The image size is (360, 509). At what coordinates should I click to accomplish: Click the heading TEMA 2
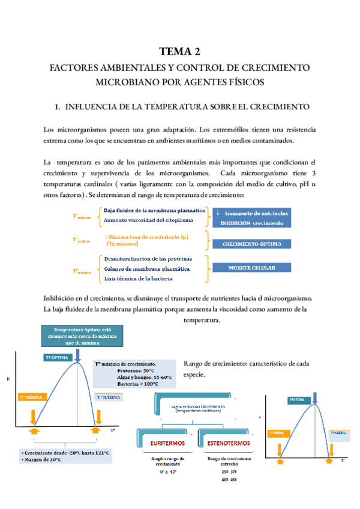point(179,51)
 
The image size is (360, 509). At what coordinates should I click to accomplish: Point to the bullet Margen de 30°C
point(41,459)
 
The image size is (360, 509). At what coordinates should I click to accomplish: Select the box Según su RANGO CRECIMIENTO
point(199,408)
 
